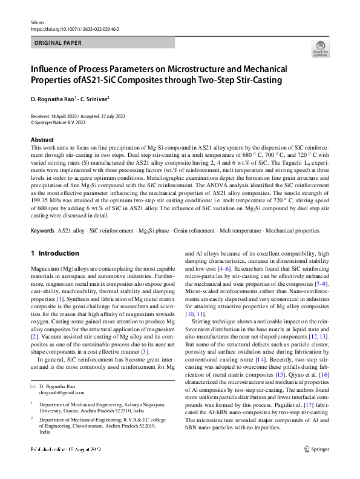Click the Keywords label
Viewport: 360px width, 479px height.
pos(42,231)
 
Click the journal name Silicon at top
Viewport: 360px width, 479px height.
pos(38,22)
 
